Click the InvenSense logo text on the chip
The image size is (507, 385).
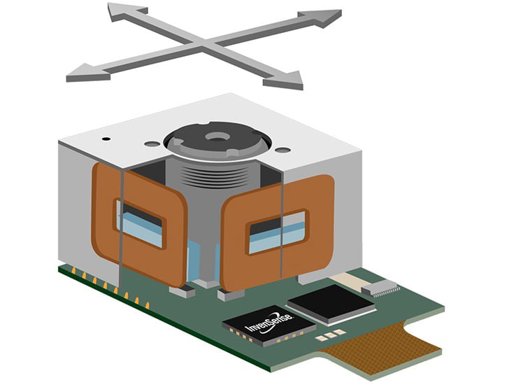pyautogui.click(x=269, y=323)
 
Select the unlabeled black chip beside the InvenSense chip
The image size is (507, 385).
pyautogui.click(x=331, y=304)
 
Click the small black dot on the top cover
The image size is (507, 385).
pyautogui.click(x=106, y=139)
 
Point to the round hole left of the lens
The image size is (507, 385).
pyautogui.click(x=152, y=143)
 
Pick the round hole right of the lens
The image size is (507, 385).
pyautogui.click(x=283, y=150)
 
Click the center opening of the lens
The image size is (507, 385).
pyautogui.click(x=217, y=136)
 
